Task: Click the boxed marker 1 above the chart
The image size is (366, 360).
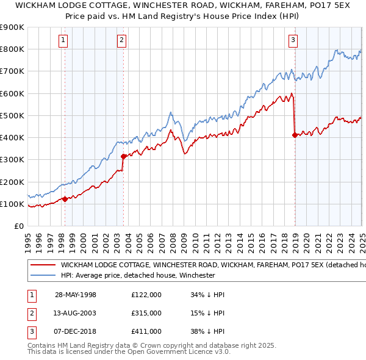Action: (x=63, y=41)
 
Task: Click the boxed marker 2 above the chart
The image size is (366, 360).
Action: (x=122, y=41)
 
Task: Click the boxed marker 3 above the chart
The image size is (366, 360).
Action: (x=293, y=41)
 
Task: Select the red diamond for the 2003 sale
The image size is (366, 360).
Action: (x=123, y=156)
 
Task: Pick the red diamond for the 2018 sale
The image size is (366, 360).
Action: (x=295, y=135)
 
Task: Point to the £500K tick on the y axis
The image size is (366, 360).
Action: (x=12, y=115)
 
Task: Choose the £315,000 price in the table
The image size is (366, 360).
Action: (x=146, y=313)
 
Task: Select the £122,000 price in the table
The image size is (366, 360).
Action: (x=146, y=295)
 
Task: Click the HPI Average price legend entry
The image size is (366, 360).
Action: (x=137, y=276)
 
